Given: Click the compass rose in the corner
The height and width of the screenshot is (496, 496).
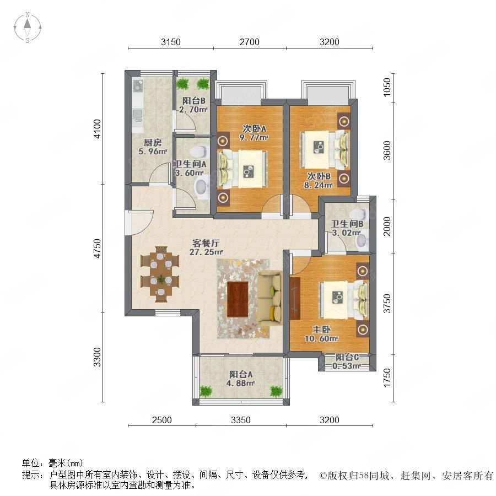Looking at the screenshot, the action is (x=28, y=28).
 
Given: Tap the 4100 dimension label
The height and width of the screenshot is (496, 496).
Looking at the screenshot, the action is (x=98, y=129).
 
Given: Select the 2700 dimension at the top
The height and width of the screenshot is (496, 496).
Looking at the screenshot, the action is (x=249, y=42).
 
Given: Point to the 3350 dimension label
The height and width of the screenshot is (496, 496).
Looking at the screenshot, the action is (x=241, y=420).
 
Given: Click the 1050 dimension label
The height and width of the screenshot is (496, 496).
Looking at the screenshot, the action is (x=387, y=87).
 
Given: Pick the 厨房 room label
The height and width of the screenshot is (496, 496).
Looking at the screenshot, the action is (x=153, y=142).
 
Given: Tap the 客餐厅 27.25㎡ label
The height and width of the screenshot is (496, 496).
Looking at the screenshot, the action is (x=206, y=247).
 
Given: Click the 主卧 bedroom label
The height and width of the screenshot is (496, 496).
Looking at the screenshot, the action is (x=322, y=330).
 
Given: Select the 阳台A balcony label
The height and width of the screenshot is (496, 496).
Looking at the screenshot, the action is (x=241, y=374).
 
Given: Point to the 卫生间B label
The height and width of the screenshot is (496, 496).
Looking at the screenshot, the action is (x=347, y=224).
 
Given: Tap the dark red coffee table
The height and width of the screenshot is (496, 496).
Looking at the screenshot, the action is (x=238, y=299).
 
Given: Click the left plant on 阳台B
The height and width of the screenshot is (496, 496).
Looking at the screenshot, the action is (x=182, y=84).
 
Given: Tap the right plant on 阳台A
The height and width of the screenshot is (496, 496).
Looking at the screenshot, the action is (x=276, y=391).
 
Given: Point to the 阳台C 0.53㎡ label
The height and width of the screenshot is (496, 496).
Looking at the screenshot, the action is (x=347, y=362).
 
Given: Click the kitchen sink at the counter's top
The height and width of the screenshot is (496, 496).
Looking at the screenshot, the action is (x=138, y=85).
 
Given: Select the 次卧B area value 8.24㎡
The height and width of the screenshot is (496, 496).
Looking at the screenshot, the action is (x=319, y=185).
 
